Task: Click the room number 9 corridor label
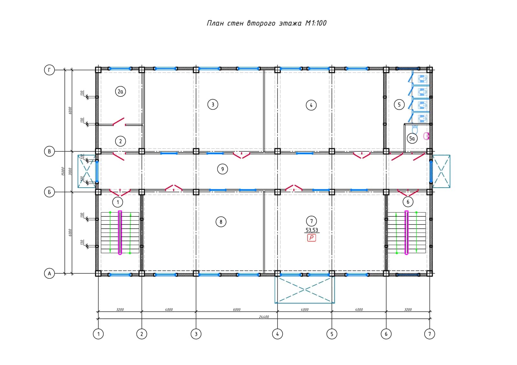coord(222,169)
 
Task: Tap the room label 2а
coord(120,92)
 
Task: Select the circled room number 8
coord(221,222)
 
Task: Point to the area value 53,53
coord(311,230)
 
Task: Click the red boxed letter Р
coord(311,238)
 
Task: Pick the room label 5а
coord(412,139)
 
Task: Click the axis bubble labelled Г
coord(49,70)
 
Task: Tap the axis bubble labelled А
coord(49,273)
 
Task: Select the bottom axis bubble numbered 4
coord(278,334)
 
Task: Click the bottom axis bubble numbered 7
coord(429,334)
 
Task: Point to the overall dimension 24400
coord(264,317)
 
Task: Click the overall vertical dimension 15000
coord(63,172)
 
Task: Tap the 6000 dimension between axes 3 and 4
coord(237,310)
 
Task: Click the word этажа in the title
coord(290,23)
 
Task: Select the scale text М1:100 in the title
coord(316,23)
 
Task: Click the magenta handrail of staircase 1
coord(120,233)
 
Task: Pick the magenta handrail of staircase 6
coord(406,233)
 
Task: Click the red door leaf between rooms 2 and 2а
coord(119,121)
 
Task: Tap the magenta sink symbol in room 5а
coord(426,136)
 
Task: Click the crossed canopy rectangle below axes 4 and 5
coord(305,290)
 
